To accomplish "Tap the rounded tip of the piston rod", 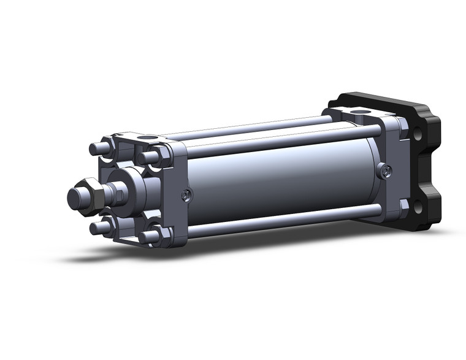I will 75,197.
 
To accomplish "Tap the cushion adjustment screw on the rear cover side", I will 384,171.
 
